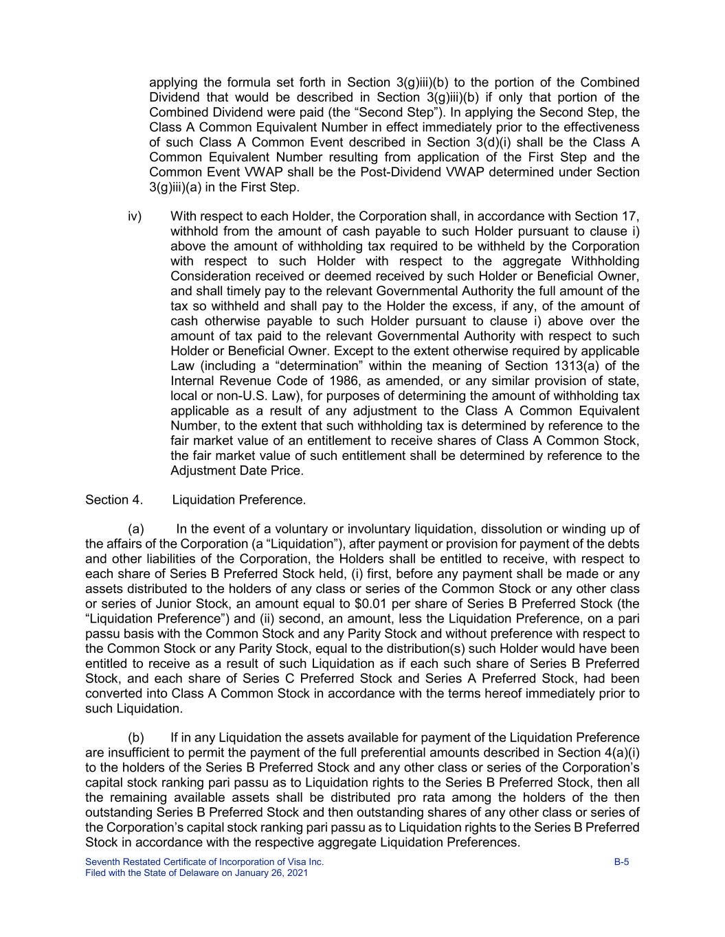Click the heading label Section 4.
(114, 500)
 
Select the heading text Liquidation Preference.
(238, 500)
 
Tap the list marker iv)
(135, 216)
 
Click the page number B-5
(621, 862)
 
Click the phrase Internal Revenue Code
(232, 381)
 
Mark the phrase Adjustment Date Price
(236, 471)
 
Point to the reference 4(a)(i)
(618, 752)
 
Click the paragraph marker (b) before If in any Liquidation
(136, 738)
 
